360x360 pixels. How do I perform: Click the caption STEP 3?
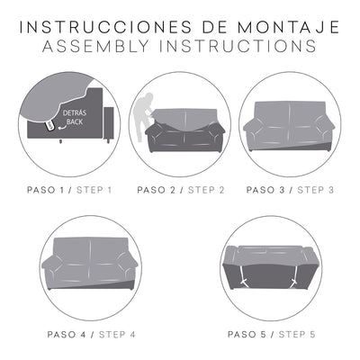tap(315, 190)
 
